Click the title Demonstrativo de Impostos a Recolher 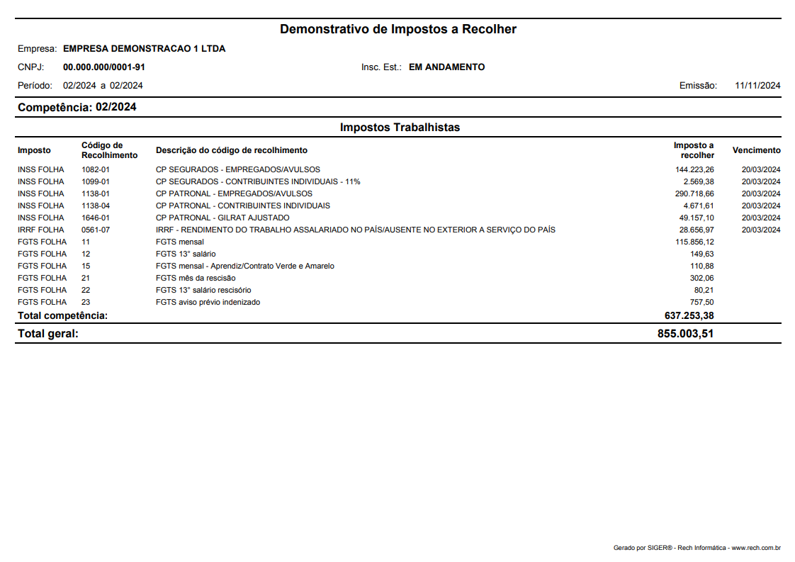(397, 29)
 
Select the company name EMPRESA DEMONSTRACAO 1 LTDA (144, 49)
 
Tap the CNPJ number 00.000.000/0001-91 (104, 67)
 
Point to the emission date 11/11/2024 (757, 86)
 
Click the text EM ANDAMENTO (446, 67)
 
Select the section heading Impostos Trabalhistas (400, 128)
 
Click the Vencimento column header (756, 150)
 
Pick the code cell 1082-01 (96, 169)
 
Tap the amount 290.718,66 (694, 193)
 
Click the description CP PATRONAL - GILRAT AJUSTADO (222, 218)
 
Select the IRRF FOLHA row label (40, 230)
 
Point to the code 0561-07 (96, 230)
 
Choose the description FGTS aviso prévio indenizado (208, 302)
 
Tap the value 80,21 (704, 290)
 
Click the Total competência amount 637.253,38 (685, 315)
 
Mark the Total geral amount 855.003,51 (685, 334)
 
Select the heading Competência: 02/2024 (77, 108)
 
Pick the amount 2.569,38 (699, 181)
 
